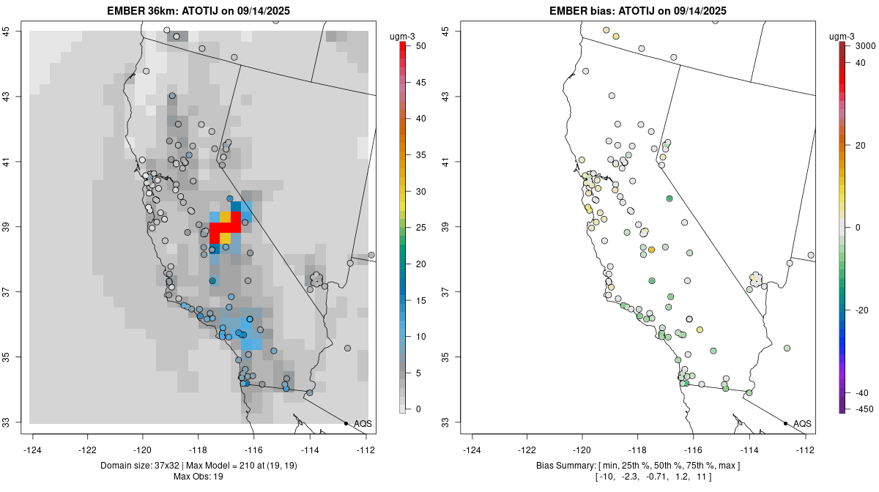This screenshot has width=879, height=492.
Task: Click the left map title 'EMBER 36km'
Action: coord(136,11)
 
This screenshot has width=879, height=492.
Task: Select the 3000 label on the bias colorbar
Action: coord(865,46)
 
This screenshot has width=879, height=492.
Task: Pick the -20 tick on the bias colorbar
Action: coord(863,310)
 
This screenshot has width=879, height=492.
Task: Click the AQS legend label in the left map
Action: coord(363,424)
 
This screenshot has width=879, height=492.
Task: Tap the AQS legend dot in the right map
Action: coord(785,423)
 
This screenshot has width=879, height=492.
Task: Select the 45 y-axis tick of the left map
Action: coord(14,31)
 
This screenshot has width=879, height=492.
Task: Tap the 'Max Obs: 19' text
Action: coord(198,477)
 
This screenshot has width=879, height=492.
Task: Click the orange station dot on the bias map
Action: coord(651,250)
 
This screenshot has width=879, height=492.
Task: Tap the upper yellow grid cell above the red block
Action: coord(225,217)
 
